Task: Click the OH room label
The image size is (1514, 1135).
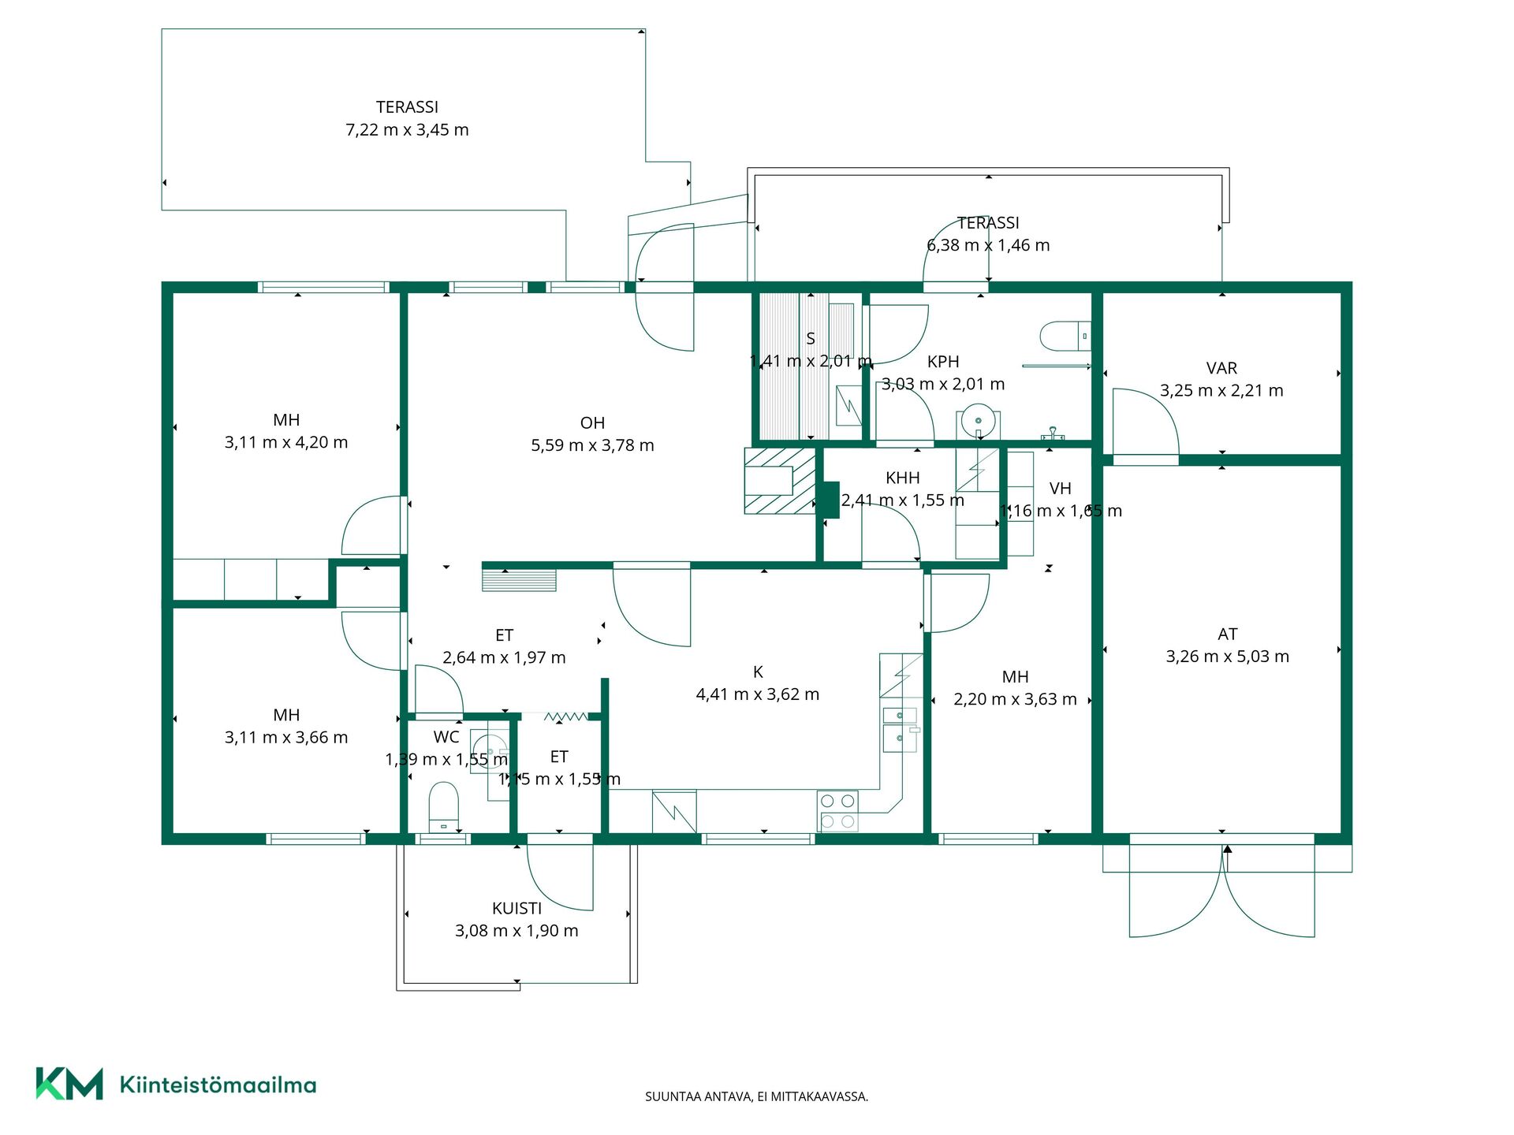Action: pos(592,423)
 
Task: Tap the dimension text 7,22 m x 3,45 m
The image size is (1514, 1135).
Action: pos(407,130)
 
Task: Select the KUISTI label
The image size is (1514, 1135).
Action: pos(516,908)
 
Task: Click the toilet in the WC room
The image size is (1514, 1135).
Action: pos(443,806)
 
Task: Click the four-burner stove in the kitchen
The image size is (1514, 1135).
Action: pos(837,811)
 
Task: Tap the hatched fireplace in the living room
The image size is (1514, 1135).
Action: pos(780,481)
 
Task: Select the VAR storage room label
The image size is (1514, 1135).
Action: pos(1221,368)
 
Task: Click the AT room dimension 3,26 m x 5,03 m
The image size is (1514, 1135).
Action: pos(1227,657)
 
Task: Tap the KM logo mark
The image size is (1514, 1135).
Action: pos(69,1084)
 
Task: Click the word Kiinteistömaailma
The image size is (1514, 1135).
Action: pos(218,1085)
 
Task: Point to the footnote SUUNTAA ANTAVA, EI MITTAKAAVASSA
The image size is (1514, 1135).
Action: pos(756,1096)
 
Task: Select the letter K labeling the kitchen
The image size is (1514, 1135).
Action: pos(758,672)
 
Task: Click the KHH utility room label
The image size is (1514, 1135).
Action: pos(902,478)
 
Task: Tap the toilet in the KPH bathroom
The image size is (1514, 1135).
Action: pos(1065,336)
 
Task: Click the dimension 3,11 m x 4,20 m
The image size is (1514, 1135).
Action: pos(286,443)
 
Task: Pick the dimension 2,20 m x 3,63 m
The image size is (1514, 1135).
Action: pos(1015,699)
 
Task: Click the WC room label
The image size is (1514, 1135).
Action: pos(446,737)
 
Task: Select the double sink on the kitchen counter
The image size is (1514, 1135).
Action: pos(901,729)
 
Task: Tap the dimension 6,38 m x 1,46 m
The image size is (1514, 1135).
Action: pos(988,246)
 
